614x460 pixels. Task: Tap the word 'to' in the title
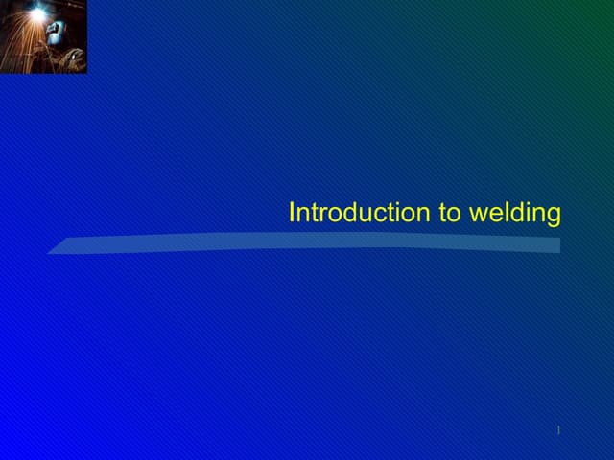(x=450, y=213)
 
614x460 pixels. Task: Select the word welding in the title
(x=514, y=214)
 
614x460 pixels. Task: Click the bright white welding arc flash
(x=36, y=14)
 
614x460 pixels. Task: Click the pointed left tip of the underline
(x=50, y=252)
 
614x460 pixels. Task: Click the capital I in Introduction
(x=292, y=213)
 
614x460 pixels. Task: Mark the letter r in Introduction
(x=321, y=215)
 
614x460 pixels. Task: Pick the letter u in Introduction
(x=368, y=215)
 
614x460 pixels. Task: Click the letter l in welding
(x=501, y=213)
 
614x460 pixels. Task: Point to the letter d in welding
(x=511, y=213)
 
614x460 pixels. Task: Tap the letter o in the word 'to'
(x=455, y=215)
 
